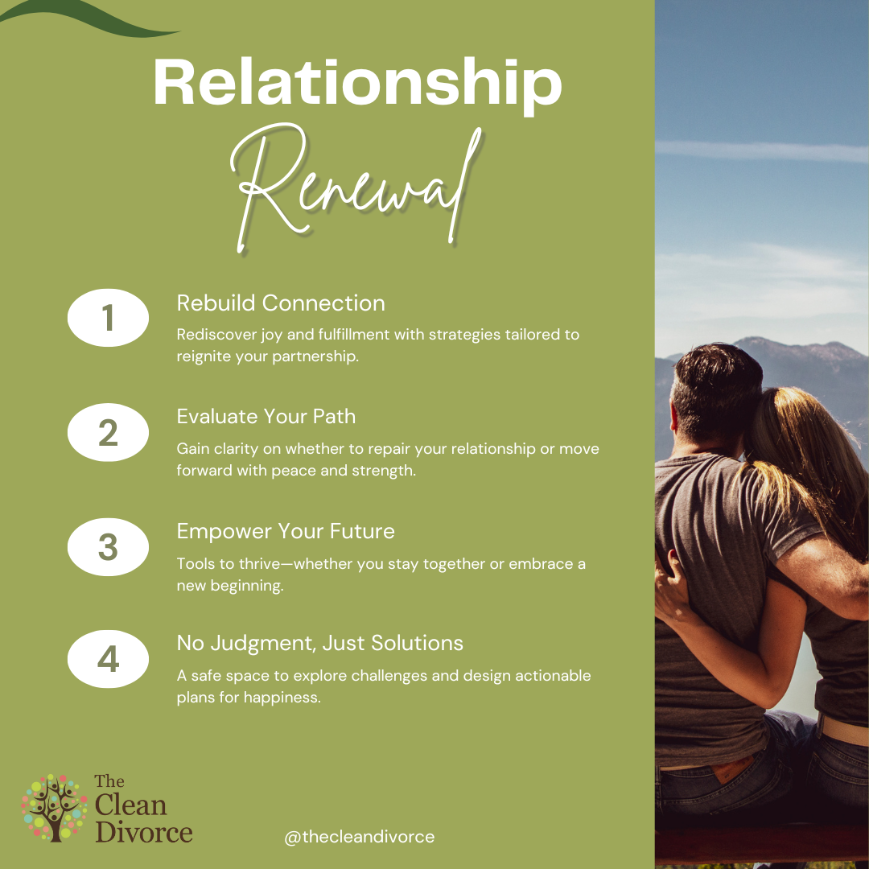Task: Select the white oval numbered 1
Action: (x=108, y=318)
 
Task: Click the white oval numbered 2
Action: (x=108, y=432)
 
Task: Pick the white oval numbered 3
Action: (x=108, y=547)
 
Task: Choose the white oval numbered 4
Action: (x=108, y=659)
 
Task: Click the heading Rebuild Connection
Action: (x=281, y=303)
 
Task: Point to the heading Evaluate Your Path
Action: (x=266, y=416)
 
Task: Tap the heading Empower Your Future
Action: (x=286, y=531)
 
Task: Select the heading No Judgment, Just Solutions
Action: (x=319, y=644)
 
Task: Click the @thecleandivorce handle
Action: (x=359, y=837)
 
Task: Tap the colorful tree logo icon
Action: (x=55, y=808)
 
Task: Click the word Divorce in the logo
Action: (x=143, y=832)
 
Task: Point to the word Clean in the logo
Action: (x=130, y=805)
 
